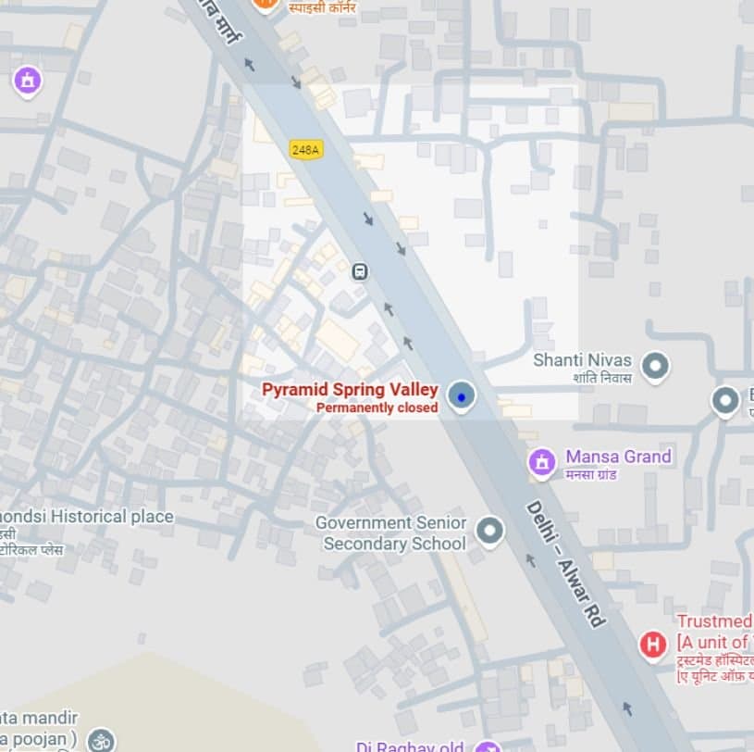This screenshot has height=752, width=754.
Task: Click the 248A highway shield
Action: point(305,149)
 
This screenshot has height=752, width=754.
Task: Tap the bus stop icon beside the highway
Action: point(360,271)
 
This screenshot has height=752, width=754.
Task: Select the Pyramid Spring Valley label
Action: point(350,390)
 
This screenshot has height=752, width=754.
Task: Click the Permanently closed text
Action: point(377,407)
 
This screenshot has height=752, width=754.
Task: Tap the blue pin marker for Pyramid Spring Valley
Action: point(461,396)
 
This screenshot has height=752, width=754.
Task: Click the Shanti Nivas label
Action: point(582,360)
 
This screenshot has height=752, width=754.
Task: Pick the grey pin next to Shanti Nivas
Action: point(656,366)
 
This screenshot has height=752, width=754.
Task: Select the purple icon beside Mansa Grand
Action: point(542,461)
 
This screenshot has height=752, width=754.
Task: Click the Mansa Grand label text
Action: point(618,457)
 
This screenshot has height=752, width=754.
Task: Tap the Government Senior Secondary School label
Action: point(391,533)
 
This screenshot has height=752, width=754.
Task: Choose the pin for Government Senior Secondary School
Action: point(489,532)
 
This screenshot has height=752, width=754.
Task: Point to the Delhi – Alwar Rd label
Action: point(565,564)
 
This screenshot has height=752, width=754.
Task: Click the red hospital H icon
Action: point(653,644)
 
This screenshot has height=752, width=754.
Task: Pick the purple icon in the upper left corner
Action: point(28,80)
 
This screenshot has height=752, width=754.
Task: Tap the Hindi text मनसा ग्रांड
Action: point(592,475)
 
